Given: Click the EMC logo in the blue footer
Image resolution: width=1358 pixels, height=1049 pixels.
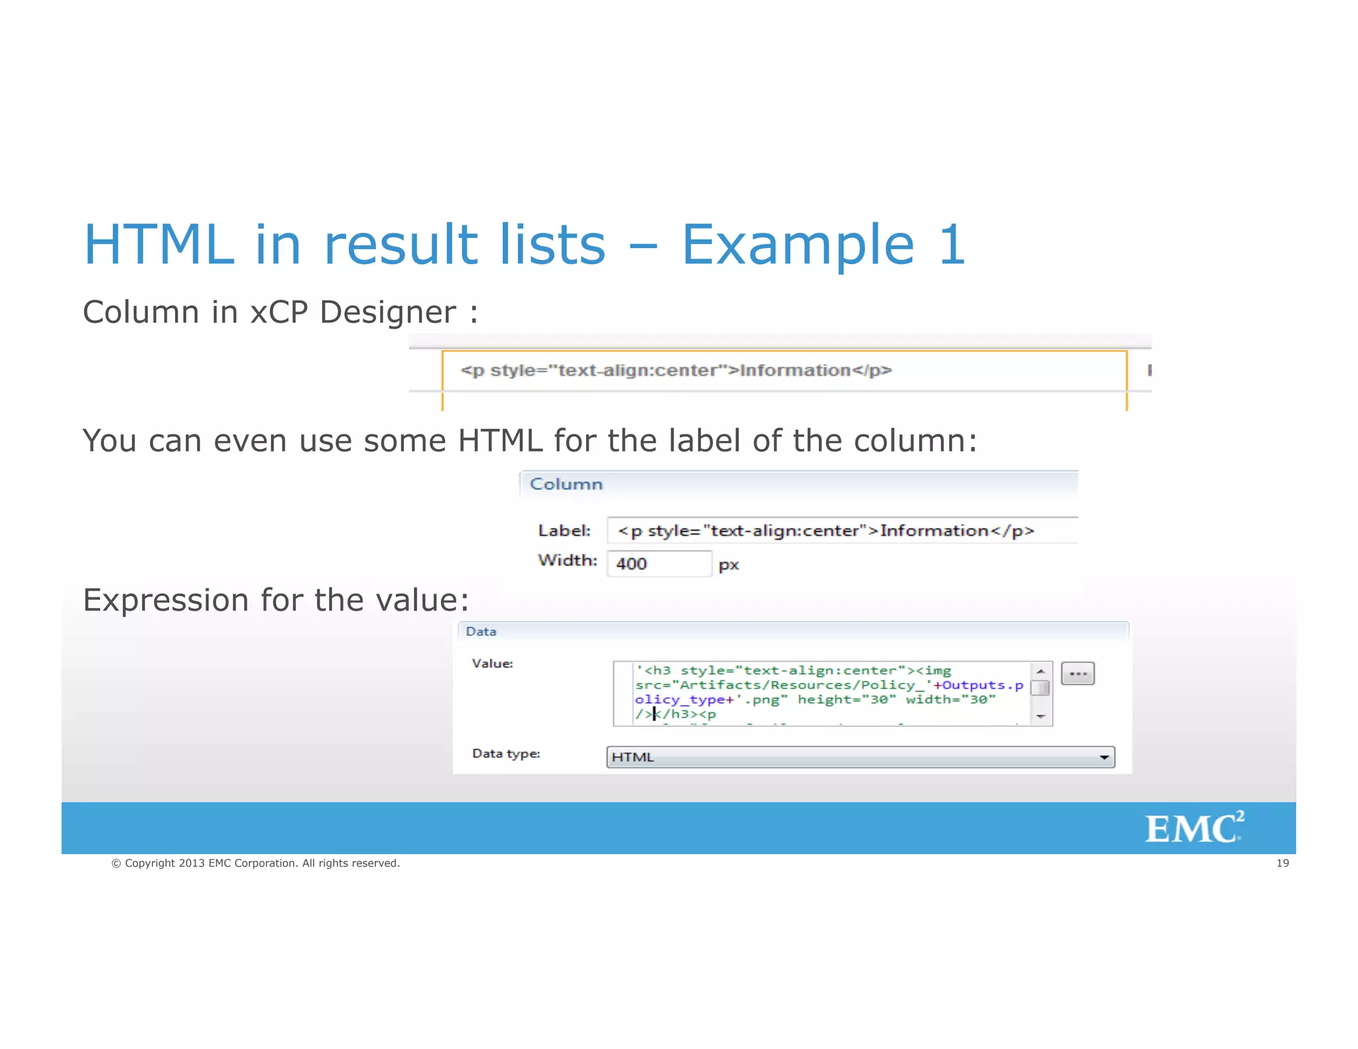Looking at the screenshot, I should click(x=1194, y=828).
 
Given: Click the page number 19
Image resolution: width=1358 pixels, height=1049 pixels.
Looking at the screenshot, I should click(x=1282, y=863).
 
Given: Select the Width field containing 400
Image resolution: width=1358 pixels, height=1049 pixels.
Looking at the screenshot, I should click(x=658, y=564).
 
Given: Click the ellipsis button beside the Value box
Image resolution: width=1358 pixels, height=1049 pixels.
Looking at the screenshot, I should click(x=1078, y=674).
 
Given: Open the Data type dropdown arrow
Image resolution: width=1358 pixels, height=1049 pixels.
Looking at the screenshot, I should click(x=1104, y=757).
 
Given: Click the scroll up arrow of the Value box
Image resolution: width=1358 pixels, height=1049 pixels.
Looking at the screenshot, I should click(x=1040, y=671).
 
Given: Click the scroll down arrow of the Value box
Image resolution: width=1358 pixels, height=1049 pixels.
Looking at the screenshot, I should click(x=1040, y=717).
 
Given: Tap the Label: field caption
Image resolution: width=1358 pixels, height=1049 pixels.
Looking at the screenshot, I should click(x=564, y=530).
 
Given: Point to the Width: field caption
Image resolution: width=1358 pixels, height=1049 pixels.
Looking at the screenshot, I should click(x=567, y=560).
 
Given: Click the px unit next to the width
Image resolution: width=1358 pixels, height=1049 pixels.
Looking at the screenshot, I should click(x=729, y=565).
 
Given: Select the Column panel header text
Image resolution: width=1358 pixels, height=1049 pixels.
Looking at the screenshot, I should click(x=566, y=484).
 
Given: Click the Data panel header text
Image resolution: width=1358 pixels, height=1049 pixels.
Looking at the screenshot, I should click(x=481, y=631).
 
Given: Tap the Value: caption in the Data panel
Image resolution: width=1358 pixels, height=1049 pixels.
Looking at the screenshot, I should click(x=492, y=663).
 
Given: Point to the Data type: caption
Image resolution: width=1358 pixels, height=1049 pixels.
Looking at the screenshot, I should click(x=506, y=753).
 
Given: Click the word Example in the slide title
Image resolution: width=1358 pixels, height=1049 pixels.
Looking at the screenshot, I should click(x=798, y=245).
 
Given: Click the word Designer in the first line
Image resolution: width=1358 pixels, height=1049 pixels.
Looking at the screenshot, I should click(x=387, y=312).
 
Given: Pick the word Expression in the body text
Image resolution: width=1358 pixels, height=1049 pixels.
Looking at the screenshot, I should click(x=166, y=600).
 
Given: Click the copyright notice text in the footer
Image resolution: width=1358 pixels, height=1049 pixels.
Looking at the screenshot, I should click(x=256, y=863).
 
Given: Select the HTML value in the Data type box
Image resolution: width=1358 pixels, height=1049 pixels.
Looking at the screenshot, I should click(x=633, y=757).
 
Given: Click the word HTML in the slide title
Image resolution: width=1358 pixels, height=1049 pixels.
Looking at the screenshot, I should click(x=159, y=245).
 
